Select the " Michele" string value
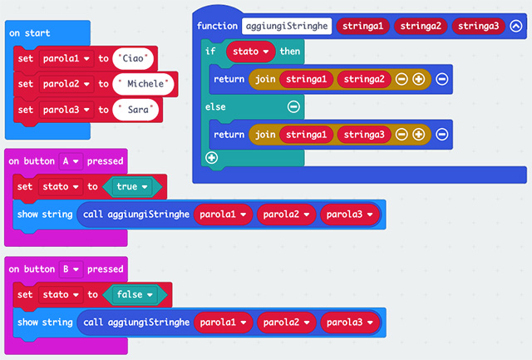(145, 84)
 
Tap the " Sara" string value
(138, 109)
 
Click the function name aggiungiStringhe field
(287, 27)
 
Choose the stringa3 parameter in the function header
(477, 27)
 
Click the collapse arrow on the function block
(516, 27)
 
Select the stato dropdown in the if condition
(251, 52)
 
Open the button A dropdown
(71, 160)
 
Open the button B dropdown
(71, 269)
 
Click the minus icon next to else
(293, 106)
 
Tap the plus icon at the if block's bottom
(211, 157)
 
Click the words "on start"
(30, 33)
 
